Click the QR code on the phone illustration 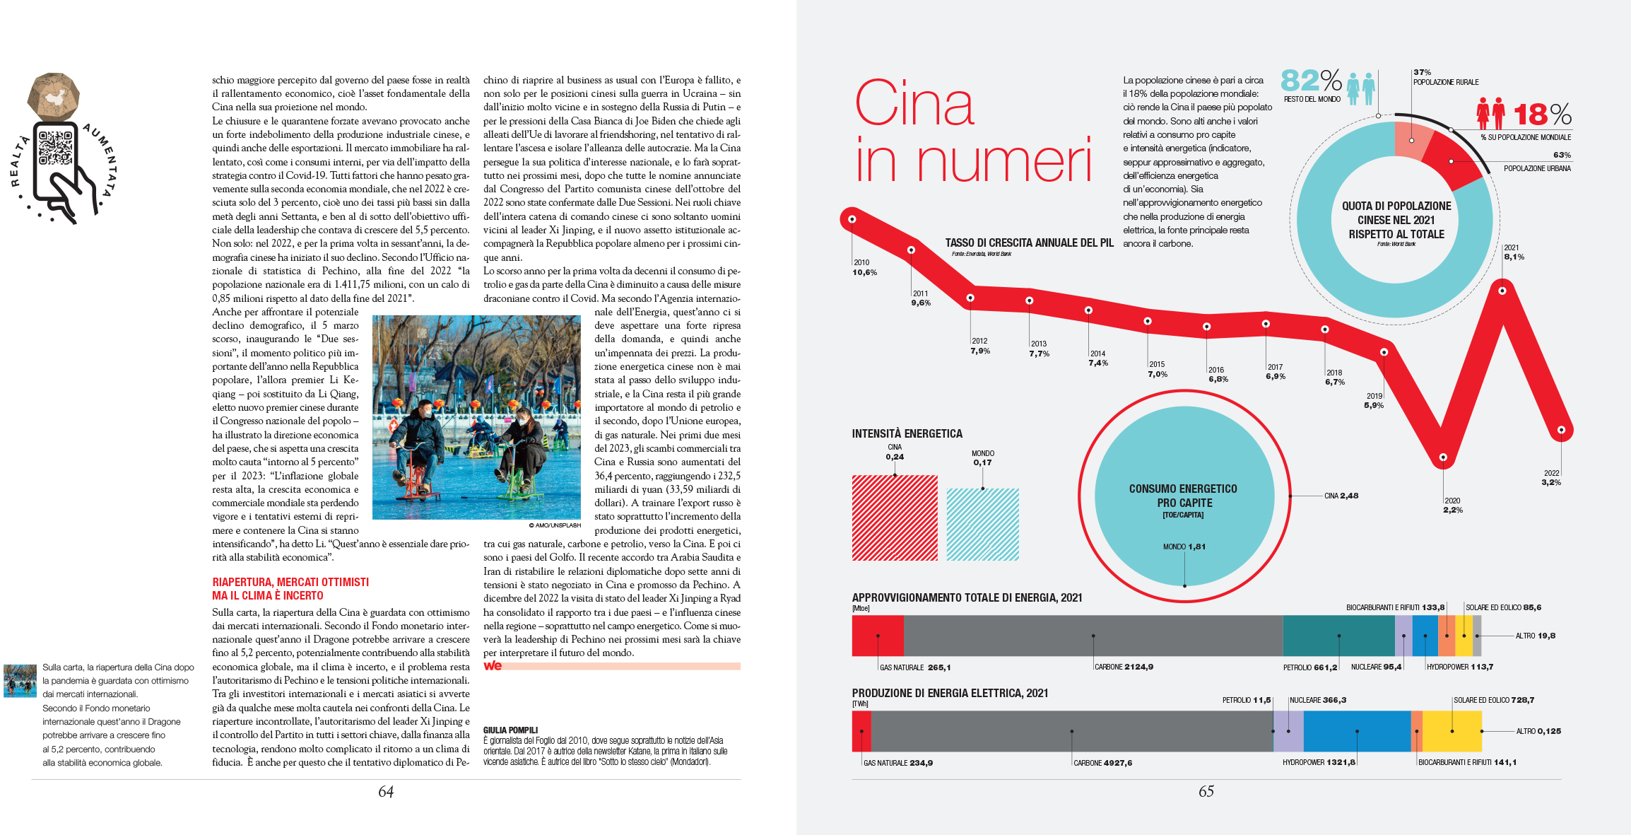click(56, 147)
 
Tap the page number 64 click(386, 792)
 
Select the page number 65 click(1206, 792)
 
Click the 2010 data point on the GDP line click(852, 219)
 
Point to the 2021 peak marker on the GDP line click(1502, 291)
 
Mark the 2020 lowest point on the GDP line click(1443, 457)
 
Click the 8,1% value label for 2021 click(1514, 257)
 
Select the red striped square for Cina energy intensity click(895, 518)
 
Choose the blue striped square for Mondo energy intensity click(982, 524)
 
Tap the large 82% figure click(1311, 81)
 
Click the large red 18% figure click(1541, 115)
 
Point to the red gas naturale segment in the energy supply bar click(878, 636)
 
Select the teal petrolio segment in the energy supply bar click(1338, 636)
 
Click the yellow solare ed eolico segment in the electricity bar click(1452, 731)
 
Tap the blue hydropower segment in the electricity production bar click(1357, 731)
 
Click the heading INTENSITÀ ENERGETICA click(907, 433)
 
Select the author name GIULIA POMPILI click(510, 730)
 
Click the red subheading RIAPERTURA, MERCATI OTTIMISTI click(290, 582)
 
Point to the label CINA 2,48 click(1341, 496)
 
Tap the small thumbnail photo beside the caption click(20, 680)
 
